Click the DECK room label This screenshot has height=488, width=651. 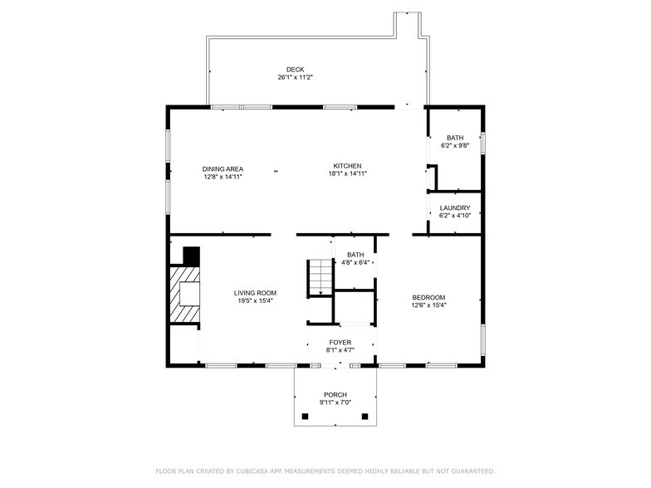coord(295,70)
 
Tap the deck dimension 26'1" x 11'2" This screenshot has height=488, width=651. coord(295,77)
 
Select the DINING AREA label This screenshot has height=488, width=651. coord(223,168)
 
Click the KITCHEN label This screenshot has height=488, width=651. coord(348,166)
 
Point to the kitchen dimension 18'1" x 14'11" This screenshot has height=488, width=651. coord(348,173)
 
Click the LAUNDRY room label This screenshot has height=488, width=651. coord(455,208)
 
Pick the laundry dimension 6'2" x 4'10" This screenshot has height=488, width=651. coord(455,216)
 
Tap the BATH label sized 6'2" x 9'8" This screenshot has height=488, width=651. coord(455,138)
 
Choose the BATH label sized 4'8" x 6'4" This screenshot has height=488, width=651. coord(355,255)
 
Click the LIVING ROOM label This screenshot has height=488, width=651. coord(255,293)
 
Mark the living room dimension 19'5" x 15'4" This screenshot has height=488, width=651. coord(255,300)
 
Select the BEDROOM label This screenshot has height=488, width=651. coord(429,297)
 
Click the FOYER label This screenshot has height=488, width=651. coord(340,342)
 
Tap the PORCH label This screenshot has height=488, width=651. coord(335,395)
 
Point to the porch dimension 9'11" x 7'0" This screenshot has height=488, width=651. coord(335,403)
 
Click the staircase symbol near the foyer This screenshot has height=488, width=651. coord(320,277)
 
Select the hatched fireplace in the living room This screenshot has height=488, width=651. coord(185,294)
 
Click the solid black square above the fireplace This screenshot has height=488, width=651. coord(192,256)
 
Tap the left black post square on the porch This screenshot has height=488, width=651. coord(305,416)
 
